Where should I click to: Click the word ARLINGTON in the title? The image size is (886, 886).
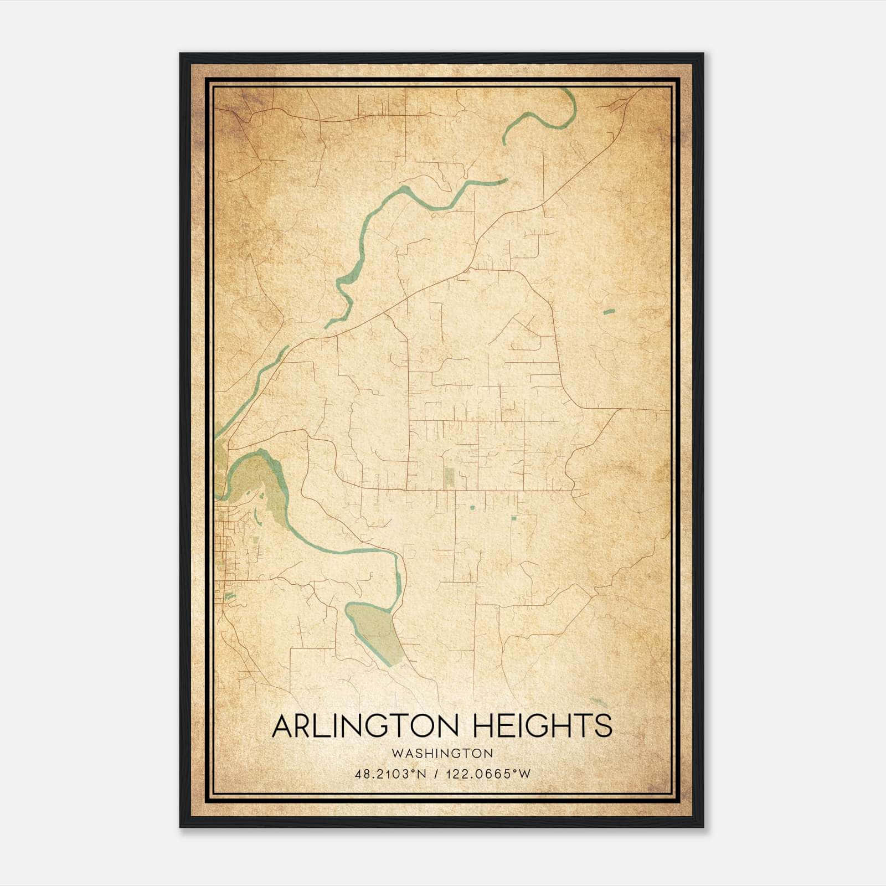362,726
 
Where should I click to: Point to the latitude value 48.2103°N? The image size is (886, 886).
390,774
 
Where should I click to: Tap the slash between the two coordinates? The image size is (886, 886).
438,774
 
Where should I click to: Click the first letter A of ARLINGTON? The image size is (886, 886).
282,726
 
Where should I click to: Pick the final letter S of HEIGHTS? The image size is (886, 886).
604,726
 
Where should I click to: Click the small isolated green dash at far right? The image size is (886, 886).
609,312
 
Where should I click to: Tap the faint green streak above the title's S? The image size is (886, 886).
599,702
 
